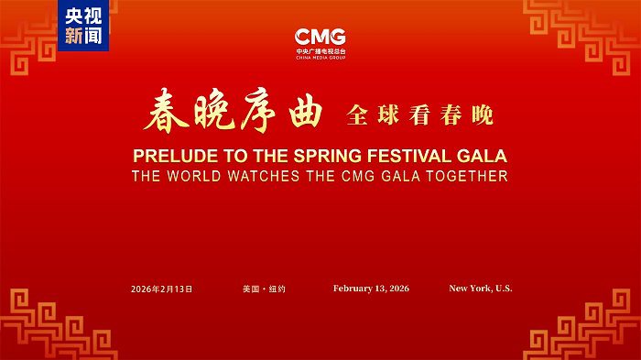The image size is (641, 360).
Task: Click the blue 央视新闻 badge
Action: pos(83,26)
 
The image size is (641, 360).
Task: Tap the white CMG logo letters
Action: pos(320,37)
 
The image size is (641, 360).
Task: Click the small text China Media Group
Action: pos(320,58)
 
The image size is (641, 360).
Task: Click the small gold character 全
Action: pos(357,115)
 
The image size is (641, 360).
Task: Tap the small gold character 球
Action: pos(388,115)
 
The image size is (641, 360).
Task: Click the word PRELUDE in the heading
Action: pos(176,156)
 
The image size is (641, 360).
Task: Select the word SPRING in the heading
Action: pos(328,156)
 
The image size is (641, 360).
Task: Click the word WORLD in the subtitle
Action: pos(194,176)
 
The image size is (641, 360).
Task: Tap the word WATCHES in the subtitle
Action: pos(264,176)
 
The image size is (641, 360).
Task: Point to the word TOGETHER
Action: pos(467,176)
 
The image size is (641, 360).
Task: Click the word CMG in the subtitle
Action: pos(358,176)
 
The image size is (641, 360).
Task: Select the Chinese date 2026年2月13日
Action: pos(161,289)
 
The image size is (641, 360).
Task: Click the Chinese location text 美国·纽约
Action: pos(264,289)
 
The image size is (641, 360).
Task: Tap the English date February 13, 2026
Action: pos(371,289)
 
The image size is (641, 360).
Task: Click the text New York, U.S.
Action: pos(481,289)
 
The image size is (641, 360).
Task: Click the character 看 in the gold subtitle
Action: pos(419,115)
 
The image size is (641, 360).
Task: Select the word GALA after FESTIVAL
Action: pos(482,156)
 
